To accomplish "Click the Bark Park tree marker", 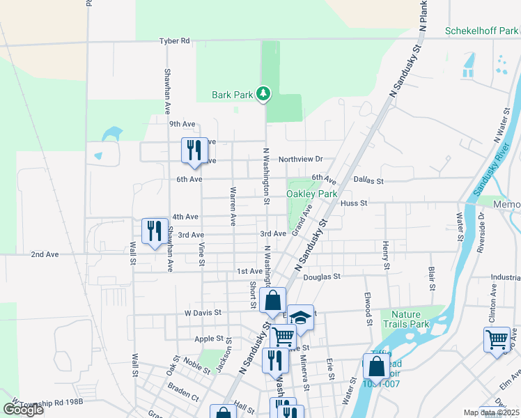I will click(263, 93).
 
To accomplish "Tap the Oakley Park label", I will click(311, 194).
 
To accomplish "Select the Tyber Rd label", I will click(174, 41).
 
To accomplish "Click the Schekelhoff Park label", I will click(482, 31).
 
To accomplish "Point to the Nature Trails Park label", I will click(410, 319).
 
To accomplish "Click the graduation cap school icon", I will click(300, 318).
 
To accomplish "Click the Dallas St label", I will click(368, 181).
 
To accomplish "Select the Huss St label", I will click(354, 203).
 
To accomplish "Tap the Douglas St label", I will click(321, 277).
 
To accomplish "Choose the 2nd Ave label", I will click(45, 255).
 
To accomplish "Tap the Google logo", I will click(23, 409).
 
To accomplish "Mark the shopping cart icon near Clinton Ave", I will click(497, 339).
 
